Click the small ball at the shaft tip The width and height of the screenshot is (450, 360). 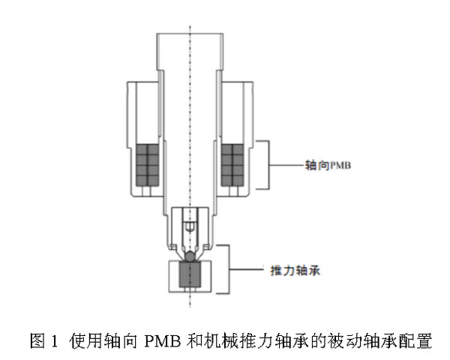(191, 256)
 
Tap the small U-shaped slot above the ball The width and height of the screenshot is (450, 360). (190, 225)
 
